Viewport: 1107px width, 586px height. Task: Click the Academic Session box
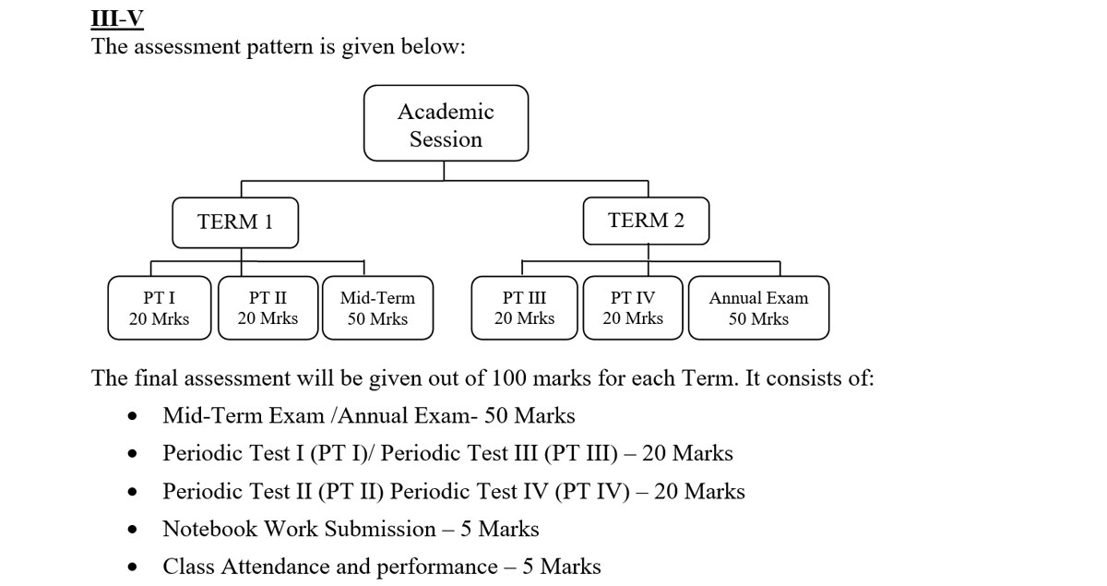click(446, 124)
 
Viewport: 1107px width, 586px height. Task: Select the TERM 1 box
click(235, 222)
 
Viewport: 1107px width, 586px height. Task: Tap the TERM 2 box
click(646, 221)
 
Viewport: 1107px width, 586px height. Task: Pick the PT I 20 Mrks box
click(160, 308)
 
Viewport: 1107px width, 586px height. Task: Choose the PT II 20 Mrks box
click(268, 308)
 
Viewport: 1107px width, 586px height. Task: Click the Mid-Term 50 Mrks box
click(377, 308)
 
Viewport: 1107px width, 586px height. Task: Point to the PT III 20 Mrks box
click(524, 308)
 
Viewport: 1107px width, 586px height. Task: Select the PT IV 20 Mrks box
click(633, 308)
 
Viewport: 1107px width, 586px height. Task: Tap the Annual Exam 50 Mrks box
click(758, 308)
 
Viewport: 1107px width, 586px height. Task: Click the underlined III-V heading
click(117, 18)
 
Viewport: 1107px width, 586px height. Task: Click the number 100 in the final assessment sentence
click(510, 379)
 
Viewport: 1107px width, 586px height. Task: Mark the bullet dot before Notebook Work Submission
click(135, 530)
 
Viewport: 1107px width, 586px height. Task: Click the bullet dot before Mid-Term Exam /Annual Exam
click(135, 416)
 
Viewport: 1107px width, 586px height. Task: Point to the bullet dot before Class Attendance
click(135, 568)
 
